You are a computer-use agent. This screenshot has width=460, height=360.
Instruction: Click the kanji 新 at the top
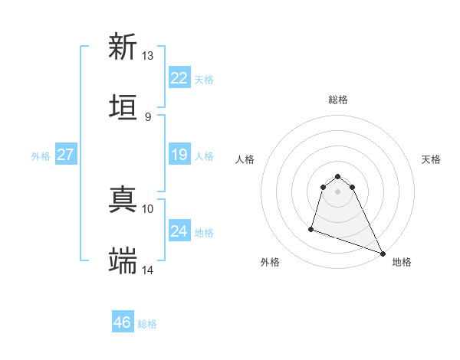point(123,47)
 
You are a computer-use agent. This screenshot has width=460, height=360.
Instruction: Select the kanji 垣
point(123,106)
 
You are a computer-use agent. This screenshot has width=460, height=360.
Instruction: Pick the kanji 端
point(123,260)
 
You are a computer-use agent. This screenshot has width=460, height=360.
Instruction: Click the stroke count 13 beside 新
point(148,56)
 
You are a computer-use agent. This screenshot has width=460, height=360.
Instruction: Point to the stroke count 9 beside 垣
point(148,116)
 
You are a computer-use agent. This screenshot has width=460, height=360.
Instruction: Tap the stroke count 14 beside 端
point(148,270)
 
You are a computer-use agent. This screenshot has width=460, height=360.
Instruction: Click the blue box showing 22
point(179,78)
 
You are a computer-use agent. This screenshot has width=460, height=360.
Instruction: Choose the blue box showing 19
point(179,155)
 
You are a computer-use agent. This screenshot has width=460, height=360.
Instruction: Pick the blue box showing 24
point(179,231)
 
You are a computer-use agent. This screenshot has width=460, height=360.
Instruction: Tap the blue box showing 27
point(65,155)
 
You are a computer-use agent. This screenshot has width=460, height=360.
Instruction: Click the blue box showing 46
point(122,322)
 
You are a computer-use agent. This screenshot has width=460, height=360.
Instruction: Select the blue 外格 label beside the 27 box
point(41,156)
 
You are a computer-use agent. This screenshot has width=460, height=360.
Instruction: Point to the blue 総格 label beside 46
point(147,324)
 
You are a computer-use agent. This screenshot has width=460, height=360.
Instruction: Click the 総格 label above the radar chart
point(338,100)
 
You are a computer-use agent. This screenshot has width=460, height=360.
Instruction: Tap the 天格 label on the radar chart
point(431,159)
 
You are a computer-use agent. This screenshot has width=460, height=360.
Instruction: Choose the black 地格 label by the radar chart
point(402,262)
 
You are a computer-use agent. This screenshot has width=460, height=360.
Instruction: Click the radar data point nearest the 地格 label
point(382,253)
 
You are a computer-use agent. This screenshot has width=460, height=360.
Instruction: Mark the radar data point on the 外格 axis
point(311,228)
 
